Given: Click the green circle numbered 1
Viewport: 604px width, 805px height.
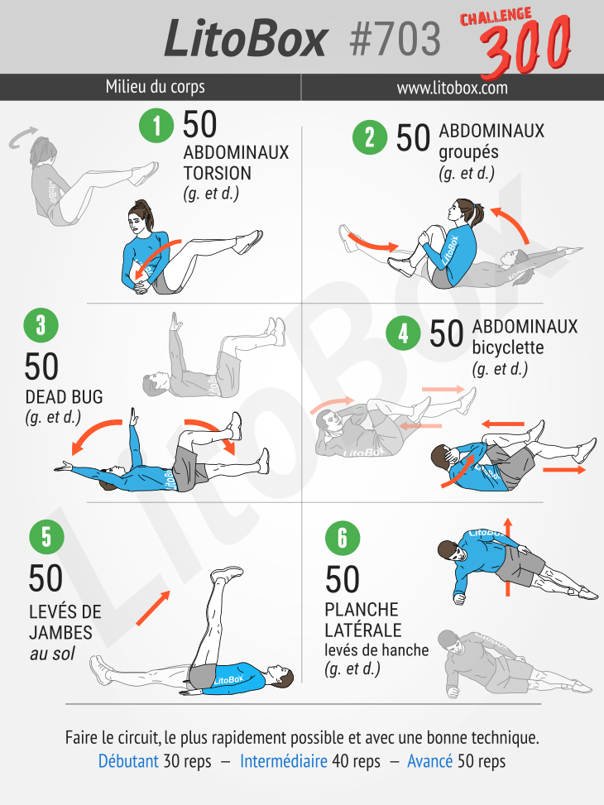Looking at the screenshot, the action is pyautogui.click(x=156, y=125).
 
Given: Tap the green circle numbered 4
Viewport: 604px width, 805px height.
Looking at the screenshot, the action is pyautogui.click(x=403, y=333).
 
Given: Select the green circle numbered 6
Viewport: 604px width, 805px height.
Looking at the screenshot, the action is pyautogui.click(x=343, y=538).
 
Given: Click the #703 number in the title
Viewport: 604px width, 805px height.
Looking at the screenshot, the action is pyautogui.click(x=395, y=40).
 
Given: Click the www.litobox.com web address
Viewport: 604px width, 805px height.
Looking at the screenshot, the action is pyautogui.click(x=452, y=88).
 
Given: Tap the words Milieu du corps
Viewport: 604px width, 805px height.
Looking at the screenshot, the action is pyautogui.click(x=155, y=87).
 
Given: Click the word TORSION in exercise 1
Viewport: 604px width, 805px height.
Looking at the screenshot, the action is pyautogui.click(x=218, y=174).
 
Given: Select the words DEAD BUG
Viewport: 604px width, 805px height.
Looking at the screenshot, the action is pyautogui.click(x=64, y=397).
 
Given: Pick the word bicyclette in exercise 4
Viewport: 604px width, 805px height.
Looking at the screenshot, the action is pyautogui.click(x=507, y=347).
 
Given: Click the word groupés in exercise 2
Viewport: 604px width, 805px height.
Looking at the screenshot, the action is pyautogui.click(x=468, y=153).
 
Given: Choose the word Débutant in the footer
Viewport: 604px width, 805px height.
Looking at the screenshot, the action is pyautogui.click(x=128, y=761).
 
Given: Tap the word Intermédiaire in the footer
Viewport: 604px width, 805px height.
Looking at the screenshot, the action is pyautogui.click(x=284, y=761).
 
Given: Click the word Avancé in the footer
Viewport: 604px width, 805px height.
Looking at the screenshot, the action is pyautogui.click(x=430, y=761).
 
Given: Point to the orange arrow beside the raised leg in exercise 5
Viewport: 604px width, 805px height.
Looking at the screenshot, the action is pyautogui.click(x=153, y=608).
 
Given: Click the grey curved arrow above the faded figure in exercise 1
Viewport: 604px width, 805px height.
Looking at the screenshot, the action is pyautogui.click(x=22, y=137).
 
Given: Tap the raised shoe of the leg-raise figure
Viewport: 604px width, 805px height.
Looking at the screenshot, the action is pyautogui.click(x=227, y=573).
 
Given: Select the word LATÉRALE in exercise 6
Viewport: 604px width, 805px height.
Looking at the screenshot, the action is pyautogui.click(x=363, y=630).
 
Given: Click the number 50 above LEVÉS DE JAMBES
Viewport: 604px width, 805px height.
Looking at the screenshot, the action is pyautogui.click(x=46, y=578).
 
